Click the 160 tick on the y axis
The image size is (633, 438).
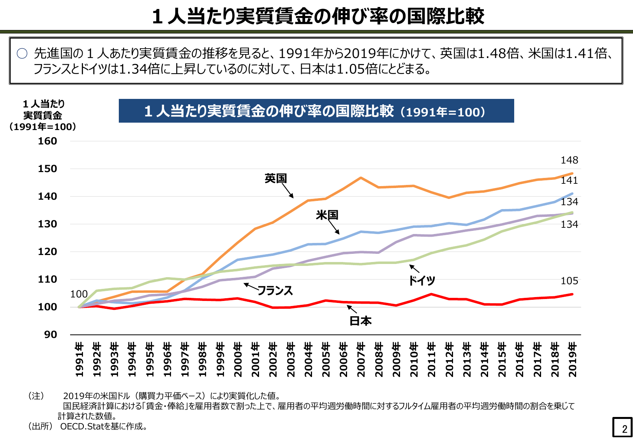click(48, 141)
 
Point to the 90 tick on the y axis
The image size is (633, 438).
click(51, 335)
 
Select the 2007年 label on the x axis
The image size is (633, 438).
click(361, 359)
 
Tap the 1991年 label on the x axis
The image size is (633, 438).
click(79, 359)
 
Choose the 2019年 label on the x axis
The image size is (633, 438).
click(572, 359)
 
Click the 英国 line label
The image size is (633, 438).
click(276, 178)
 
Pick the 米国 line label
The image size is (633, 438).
click(327, 215)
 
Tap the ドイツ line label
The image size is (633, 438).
click(422, 280)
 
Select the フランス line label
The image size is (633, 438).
click(275, 290)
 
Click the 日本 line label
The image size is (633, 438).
click(361, 321)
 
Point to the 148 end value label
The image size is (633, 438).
click(570, 160)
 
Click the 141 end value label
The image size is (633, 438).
click(570, 180)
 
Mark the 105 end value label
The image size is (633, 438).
click(570, 281)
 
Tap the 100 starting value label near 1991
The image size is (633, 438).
click(79, 294)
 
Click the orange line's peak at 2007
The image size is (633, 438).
click(361, 178)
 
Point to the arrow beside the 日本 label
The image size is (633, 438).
click(352, 309)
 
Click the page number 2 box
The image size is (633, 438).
click(622, 427)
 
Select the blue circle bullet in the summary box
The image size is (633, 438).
click(22, 53)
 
